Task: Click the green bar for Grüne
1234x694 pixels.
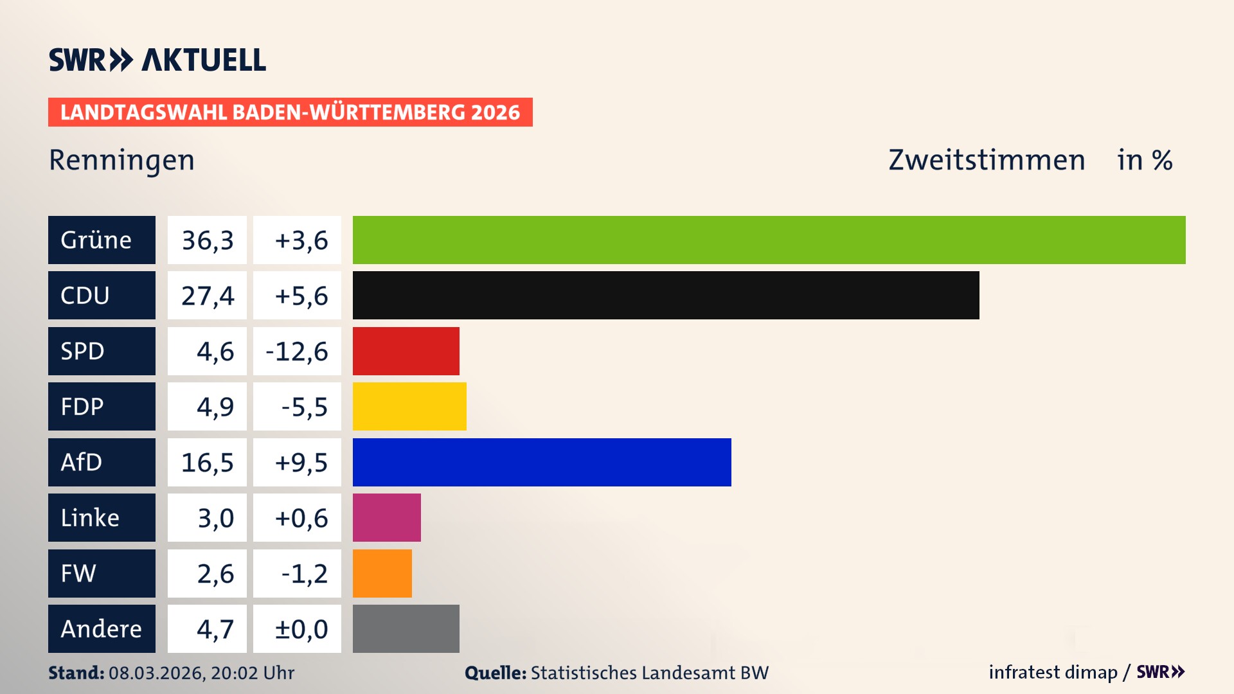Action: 769,240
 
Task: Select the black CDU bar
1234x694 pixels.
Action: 666,296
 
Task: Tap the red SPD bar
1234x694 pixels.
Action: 406,351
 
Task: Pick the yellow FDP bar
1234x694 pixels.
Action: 409,406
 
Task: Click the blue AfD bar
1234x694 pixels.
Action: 542,462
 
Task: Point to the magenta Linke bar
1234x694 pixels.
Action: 386,517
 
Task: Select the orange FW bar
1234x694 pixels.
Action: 382,573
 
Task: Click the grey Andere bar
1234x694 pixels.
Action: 406,628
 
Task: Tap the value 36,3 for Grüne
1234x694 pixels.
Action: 207,240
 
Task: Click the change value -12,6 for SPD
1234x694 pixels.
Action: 297,351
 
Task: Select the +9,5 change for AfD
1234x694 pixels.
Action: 301,463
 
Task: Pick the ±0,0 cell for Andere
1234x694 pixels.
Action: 301,629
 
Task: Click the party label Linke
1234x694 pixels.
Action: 90,518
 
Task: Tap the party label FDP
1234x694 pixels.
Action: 82,407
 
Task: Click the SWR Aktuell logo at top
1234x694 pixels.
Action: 157,60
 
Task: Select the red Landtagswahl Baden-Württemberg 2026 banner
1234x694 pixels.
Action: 290,112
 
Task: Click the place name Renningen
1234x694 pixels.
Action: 121,160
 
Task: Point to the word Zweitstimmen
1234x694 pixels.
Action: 987,160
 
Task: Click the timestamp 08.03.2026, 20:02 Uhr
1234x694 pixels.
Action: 201,673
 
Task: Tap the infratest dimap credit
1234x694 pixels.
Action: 1053,672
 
